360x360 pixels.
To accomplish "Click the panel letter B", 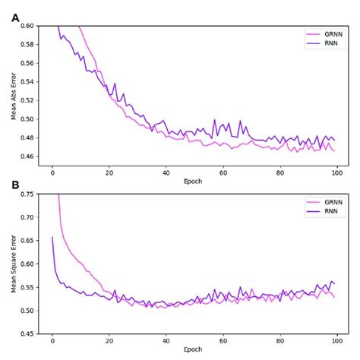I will coord(15,185).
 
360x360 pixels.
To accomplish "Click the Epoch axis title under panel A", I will coord(193,182).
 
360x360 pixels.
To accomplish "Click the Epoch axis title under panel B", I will coord(193,350).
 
